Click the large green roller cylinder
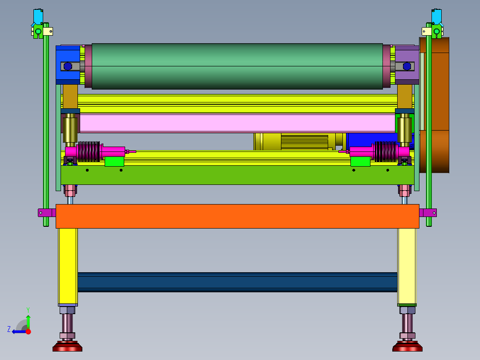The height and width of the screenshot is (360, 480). pos(237,66)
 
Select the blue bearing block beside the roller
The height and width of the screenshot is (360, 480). pos(68,65)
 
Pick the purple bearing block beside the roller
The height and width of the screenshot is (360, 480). pos(407,65)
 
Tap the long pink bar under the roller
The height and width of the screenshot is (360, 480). pos(237,123)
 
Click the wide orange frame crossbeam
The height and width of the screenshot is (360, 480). pos(237,216)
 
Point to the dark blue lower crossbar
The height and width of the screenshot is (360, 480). pos(237,282)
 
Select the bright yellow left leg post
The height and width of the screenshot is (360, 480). pos(68,267)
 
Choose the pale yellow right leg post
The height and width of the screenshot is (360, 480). pos(407,267)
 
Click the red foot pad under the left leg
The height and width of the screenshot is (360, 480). pos(67,346)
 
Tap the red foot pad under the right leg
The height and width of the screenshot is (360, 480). pos(407,346)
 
